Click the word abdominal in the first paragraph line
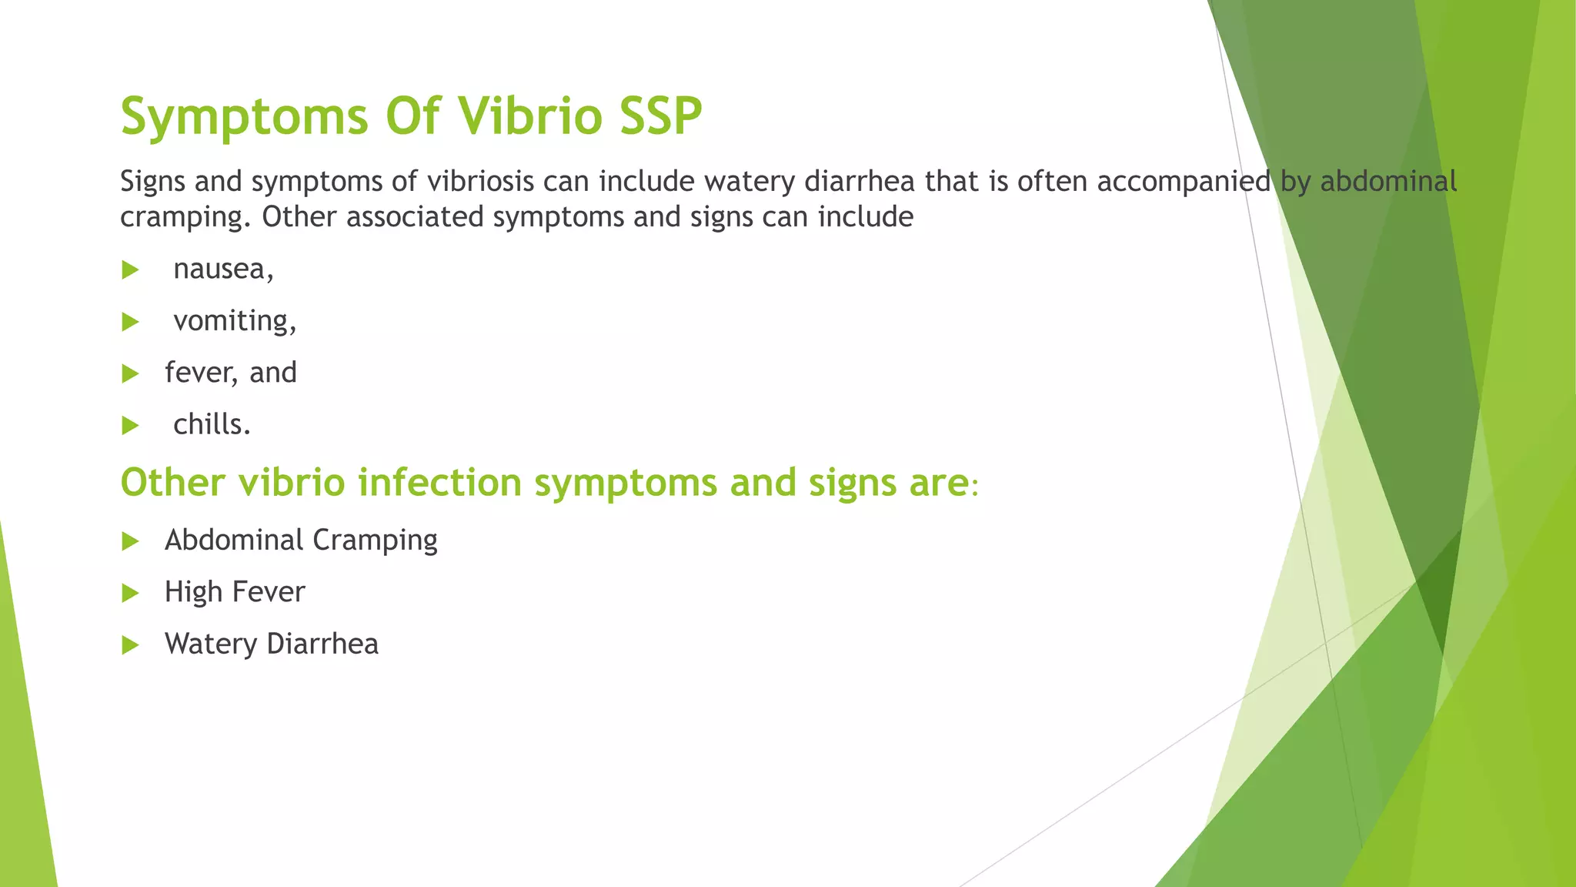coord(1388,182)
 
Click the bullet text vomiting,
coord(235,321)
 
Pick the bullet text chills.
coord(212,424)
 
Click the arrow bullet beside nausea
coord(130,270)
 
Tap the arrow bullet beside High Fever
coord(130,593)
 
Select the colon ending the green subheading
coord(975,487)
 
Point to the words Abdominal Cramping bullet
coord(301,541)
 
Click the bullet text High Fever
coord(235,592)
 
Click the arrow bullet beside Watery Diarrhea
coord(130,645)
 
